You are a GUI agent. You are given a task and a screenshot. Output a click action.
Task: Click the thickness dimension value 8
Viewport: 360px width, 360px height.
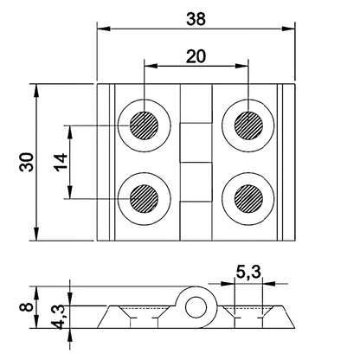(x=28, y=304)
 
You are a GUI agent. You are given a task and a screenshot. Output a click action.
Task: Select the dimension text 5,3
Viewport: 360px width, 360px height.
(x=247, y=273)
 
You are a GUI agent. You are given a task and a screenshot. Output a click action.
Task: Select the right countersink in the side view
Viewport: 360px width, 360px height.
(x=247, y=313)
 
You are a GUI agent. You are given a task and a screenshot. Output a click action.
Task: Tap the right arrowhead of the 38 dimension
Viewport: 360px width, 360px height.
(x=292, y=28)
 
